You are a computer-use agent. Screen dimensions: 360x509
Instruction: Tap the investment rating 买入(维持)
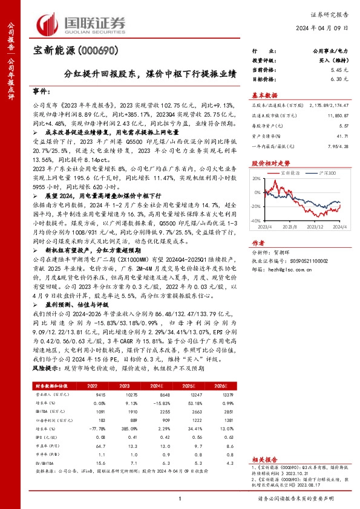pyautogui.click(x=335, y=62)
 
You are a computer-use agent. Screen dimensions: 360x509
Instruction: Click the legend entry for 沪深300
pyautogui.click(x=327, y=173)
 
